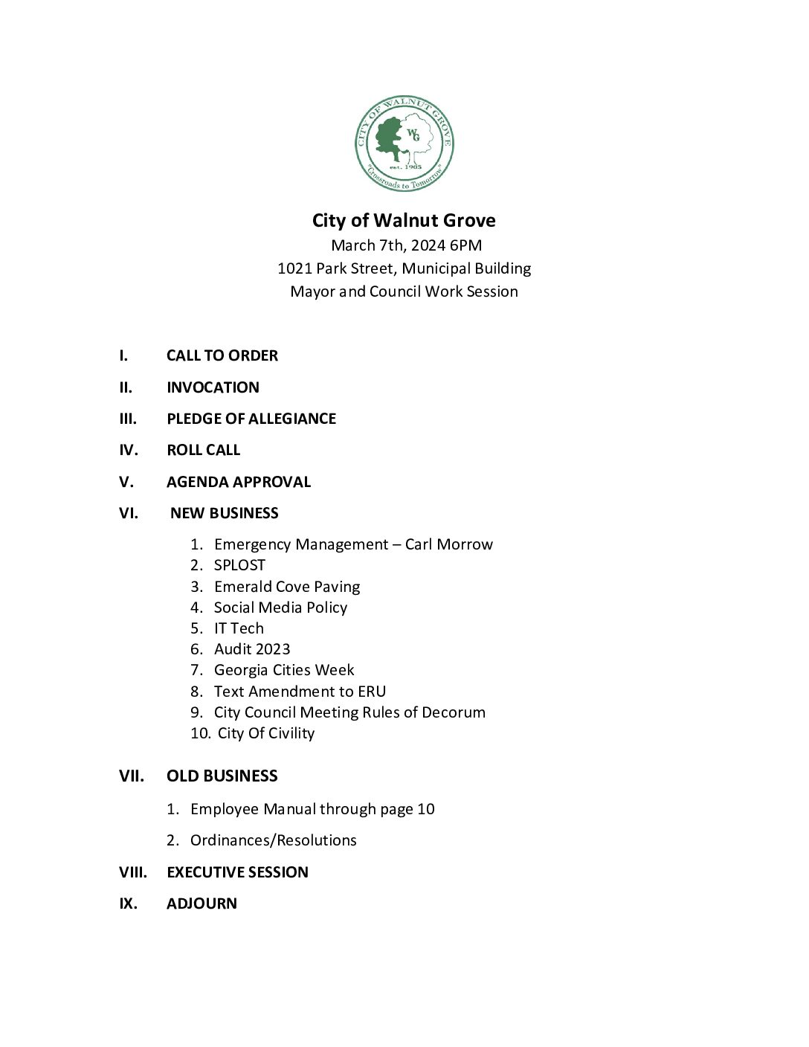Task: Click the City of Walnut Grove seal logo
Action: click(x=404, y=144)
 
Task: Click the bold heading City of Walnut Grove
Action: click(x=404, y=221)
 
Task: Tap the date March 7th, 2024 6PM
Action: click(x=406, y=245)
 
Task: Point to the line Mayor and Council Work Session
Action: click(x=404, y=291)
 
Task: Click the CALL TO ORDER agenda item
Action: click(x=222, y=355)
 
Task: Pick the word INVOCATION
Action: click(x=213, y=387)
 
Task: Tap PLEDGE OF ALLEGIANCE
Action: click(x=251, y=419)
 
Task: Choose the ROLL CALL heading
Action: click(x=203, y=450)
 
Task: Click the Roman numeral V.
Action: click(x=126, y=482)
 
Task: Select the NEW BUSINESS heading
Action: click(x=224, y=513)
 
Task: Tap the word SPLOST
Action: click(x=239, y=565)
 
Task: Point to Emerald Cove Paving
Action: click(x=286, y=587)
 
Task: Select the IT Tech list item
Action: click(x=239, y=628)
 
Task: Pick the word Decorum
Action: click(x=453, y=712)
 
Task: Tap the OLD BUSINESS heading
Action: click(x=222, y=776)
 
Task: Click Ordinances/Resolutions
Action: click(x=273, y=840)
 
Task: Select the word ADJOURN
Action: click(x=202, y=903)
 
